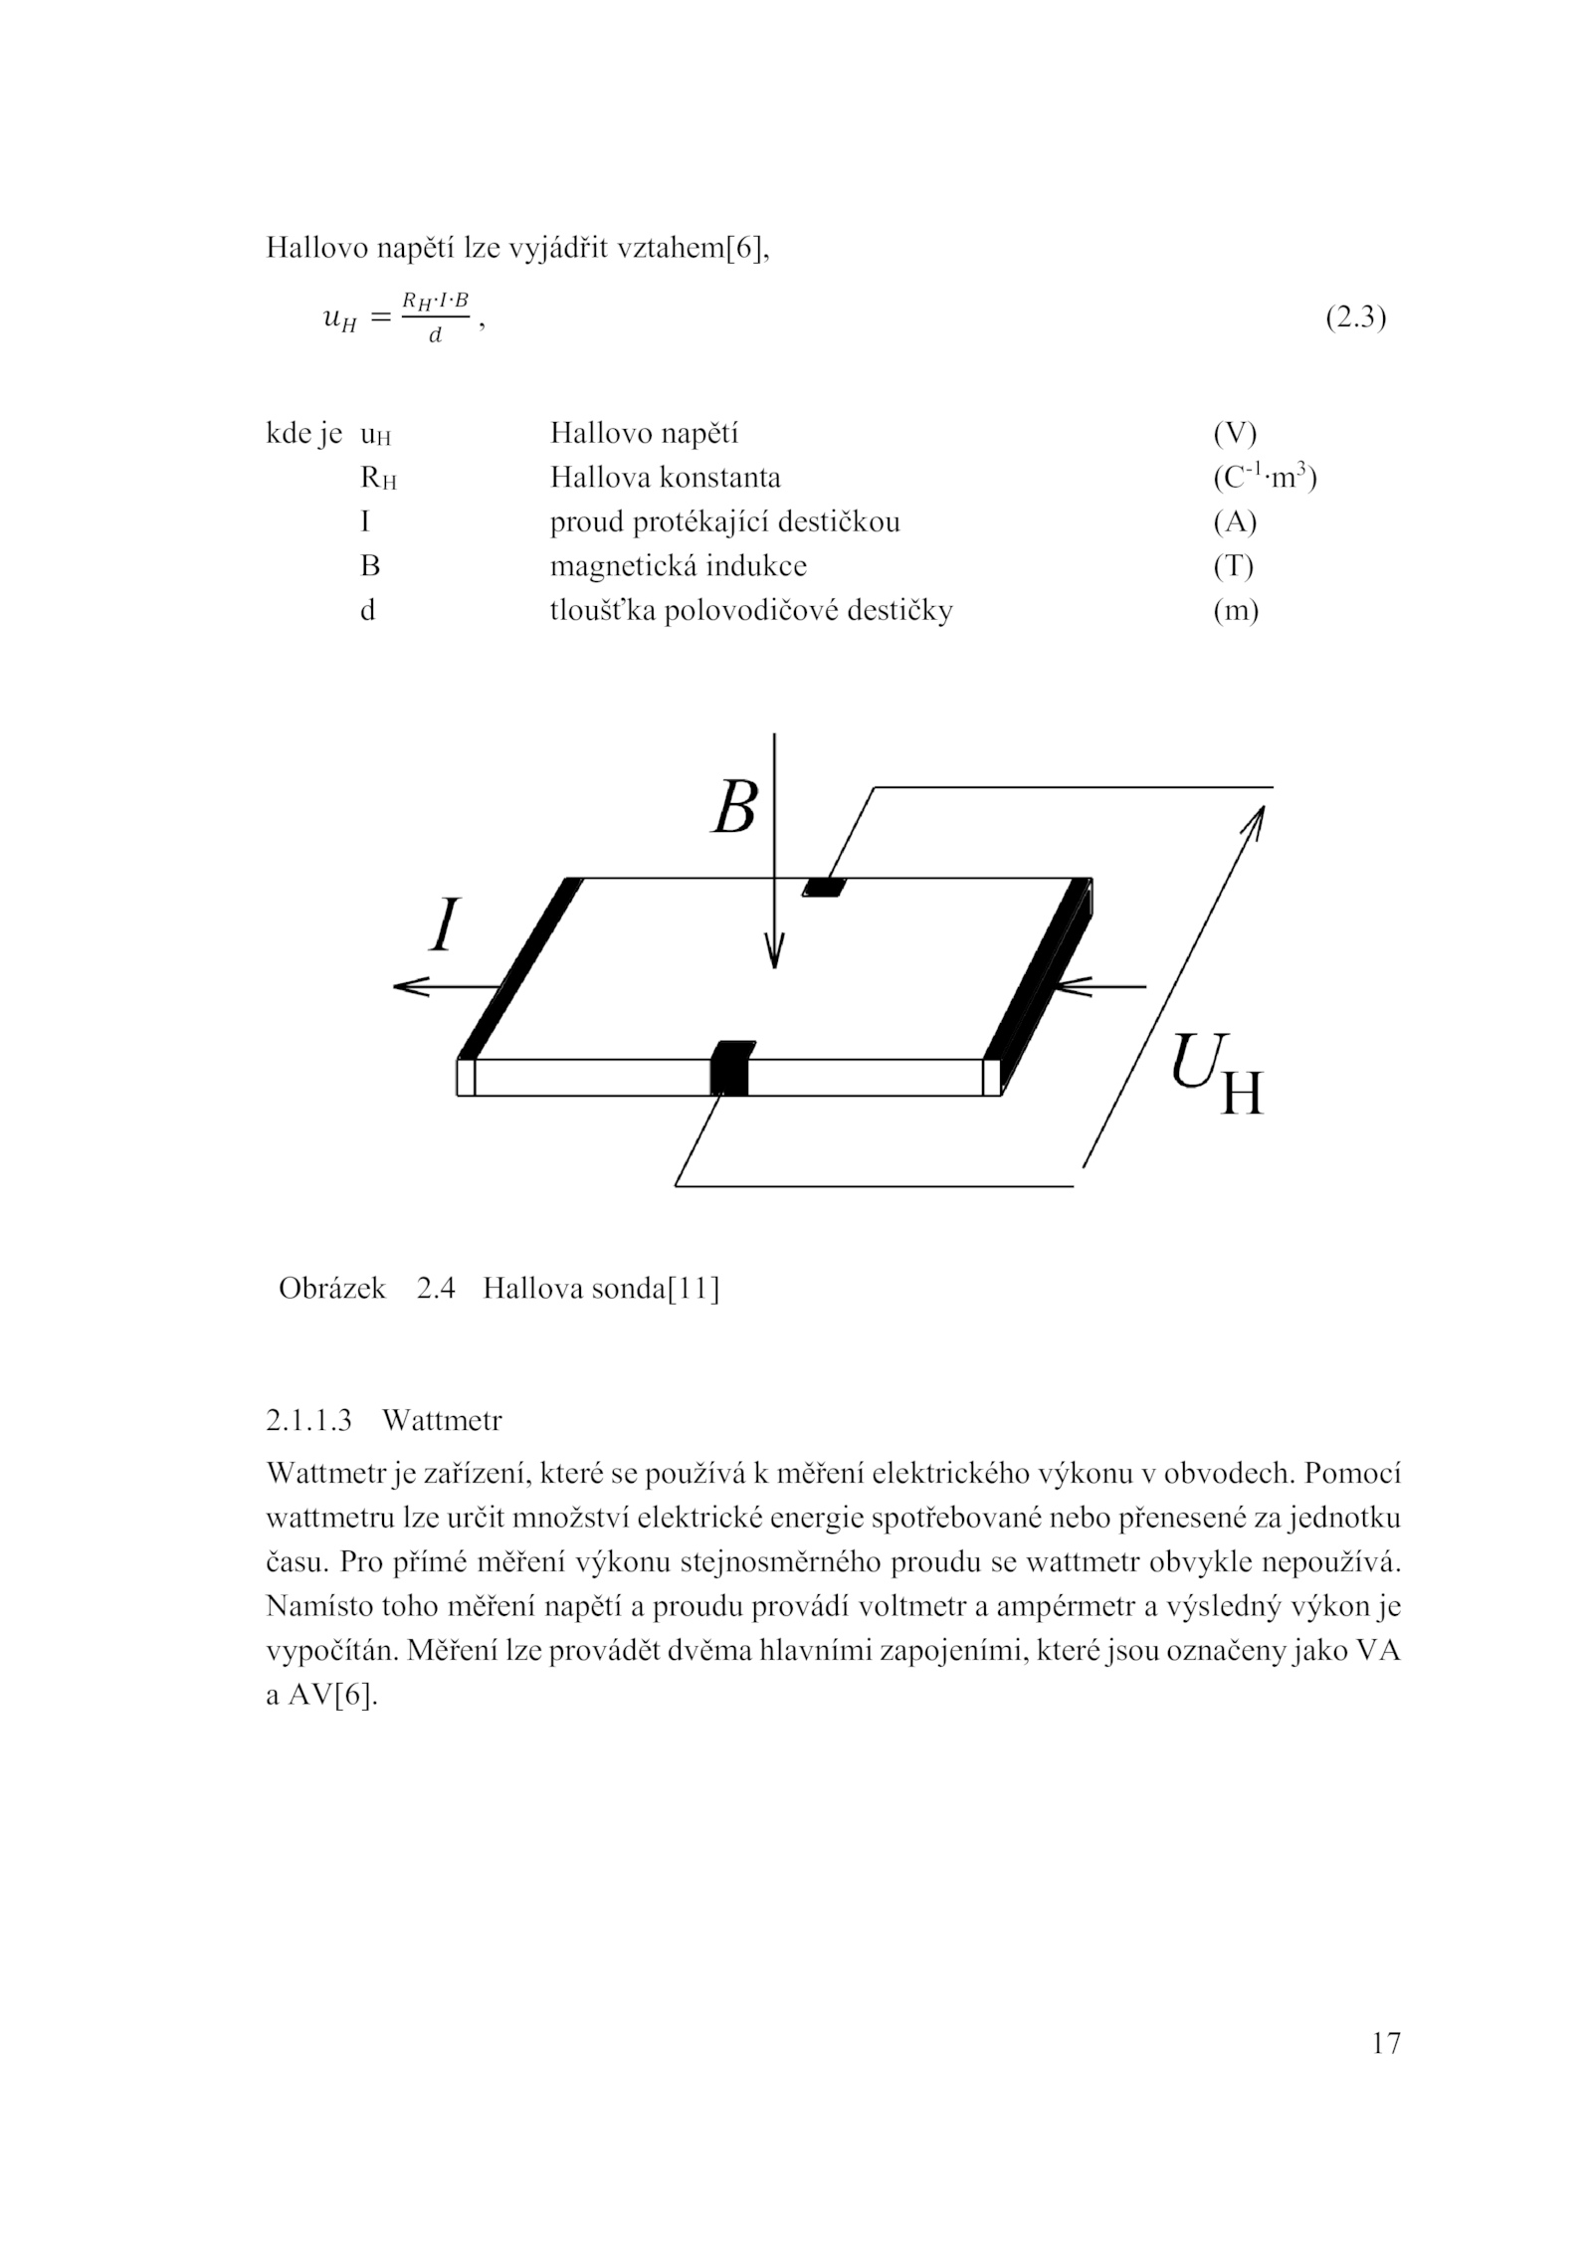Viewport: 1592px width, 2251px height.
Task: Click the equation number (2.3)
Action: (x=1355, y=318)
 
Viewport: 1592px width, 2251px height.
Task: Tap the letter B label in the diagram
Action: (x=734, y=807)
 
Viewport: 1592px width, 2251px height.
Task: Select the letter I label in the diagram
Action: (x=445, y=925)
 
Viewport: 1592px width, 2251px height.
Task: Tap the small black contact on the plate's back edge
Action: (x=824, y=887)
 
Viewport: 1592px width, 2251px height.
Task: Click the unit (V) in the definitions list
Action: (x=1235, y=434)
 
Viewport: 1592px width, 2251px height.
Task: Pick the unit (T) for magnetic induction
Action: (x=1233, y=566)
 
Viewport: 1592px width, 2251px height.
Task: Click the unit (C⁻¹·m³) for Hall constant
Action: (x=1264, y=478)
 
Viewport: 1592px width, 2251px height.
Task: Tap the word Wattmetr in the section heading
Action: (x=442, y=1420)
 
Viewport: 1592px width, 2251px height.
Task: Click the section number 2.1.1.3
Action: (x=309, y=1420)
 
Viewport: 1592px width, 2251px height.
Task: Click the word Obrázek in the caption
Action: (x=332, y=1289)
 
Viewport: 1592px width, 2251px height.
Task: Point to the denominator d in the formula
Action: (x=435, y=336)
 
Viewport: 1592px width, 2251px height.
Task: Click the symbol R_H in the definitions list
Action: (x=378, y=479)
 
